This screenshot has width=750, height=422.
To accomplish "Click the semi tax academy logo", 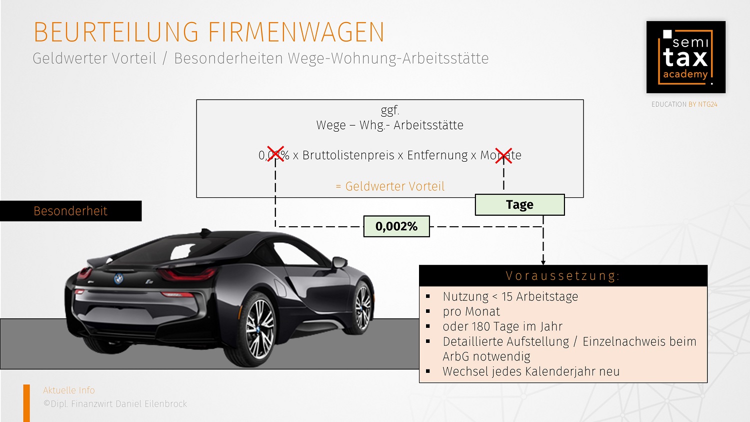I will pyautogui.click(x=685, y=57).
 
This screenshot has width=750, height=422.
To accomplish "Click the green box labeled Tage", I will pyautogui.click(x=519, y=205).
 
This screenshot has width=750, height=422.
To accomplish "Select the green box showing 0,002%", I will pyautogui.click(x=396, y=226).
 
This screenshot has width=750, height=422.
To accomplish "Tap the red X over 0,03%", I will pyautogui.click(x=275, y=155).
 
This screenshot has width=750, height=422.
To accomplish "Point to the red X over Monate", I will pyautogui.click(x=503, y=155).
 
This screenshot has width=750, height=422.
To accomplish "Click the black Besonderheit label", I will pyautogui.click(x=70, y=211).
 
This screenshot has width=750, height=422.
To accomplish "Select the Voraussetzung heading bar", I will pyautogui.click(x=563, y=276).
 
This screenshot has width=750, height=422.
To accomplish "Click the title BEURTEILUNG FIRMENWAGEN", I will pyautogui.click(x=209, y=32).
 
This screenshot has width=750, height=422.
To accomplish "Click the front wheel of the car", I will pyautogui.click(x=362, y=306).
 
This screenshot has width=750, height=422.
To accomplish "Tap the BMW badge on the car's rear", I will pyautogui.click(x=118, y=278).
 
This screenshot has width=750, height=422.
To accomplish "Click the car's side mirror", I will pyautogui.click(x=339, y=263).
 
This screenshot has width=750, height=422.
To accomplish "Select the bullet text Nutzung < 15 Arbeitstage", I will pyautogui.click(x=510, y=296).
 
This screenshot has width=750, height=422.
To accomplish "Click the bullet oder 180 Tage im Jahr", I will pyautogui.click(x=502, y=326).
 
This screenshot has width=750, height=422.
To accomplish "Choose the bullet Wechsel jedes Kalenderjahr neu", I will pyautogui.click(x=531, y=371).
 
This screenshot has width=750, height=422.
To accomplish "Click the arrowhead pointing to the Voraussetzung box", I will pyautogui.click(x=543, y=262).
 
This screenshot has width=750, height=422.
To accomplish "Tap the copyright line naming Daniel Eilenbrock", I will pyautogui.click(x=115, y=403).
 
